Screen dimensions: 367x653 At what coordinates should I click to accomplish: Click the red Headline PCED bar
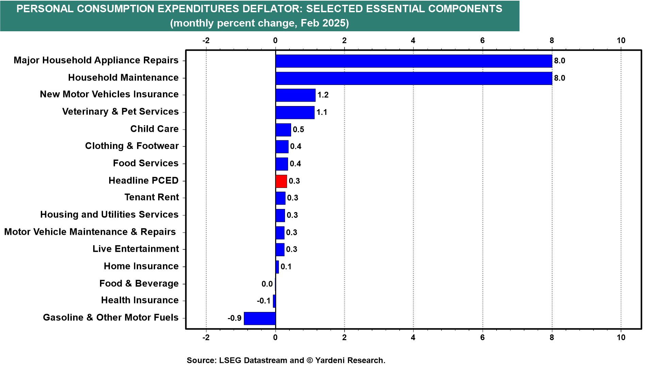click(281, 181)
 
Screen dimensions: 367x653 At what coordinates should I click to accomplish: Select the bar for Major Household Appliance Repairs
click(414, 61)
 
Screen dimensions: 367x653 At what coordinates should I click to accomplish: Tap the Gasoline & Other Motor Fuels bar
click(260, 318)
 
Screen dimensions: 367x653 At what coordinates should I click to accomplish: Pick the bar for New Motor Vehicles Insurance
click(296, 95)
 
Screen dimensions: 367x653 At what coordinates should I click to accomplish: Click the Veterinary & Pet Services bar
click(295, 112)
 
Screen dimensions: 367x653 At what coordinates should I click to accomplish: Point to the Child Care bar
click(283, 130)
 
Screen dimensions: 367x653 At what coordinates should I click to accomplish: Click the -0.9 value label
click(234, 318)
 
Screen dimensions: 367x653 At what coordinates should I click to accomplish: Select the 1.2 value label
click(323, 95)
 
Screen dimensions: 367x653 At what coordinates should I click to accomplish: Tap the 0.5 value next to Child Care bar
click(298, 129)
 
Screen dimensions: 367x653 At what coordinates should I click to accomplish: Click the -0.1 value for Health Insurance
click(264, 301)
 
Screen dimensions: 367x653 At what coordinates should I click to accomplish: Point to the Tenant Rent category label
click(151, 197)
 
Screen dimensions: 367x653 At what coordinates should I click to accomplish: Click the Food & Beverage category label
click(139, 283)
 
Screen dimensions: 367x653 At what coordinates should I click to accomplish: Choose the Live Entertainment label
click(135, 249)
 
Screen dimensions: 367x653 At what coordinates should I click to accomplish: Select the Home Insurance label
click(141, 266)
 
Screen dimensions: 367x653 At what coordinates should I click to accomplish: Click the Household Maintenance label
click(123, 78)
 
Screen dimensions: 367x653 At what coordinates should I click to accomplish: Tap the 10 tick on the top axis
click(621, 41)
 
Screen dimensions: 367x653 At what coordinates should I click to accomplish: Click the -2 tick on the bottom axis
click(206, 337)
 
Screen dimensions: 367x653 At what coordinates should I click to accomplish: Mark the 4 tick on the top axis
click(413, 41)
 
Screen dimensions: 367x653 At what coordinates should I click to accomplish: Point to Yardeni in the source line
click(332, 360)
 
